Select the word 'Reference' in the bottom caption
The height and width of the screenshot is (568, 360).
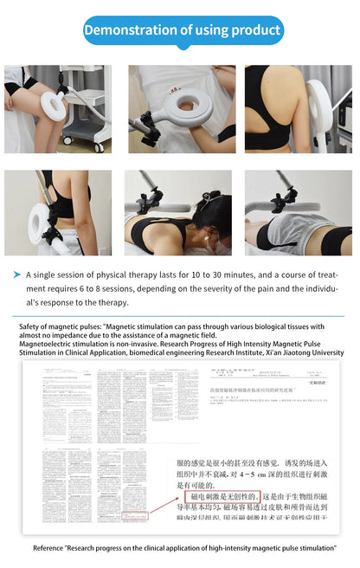(50, 548)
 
